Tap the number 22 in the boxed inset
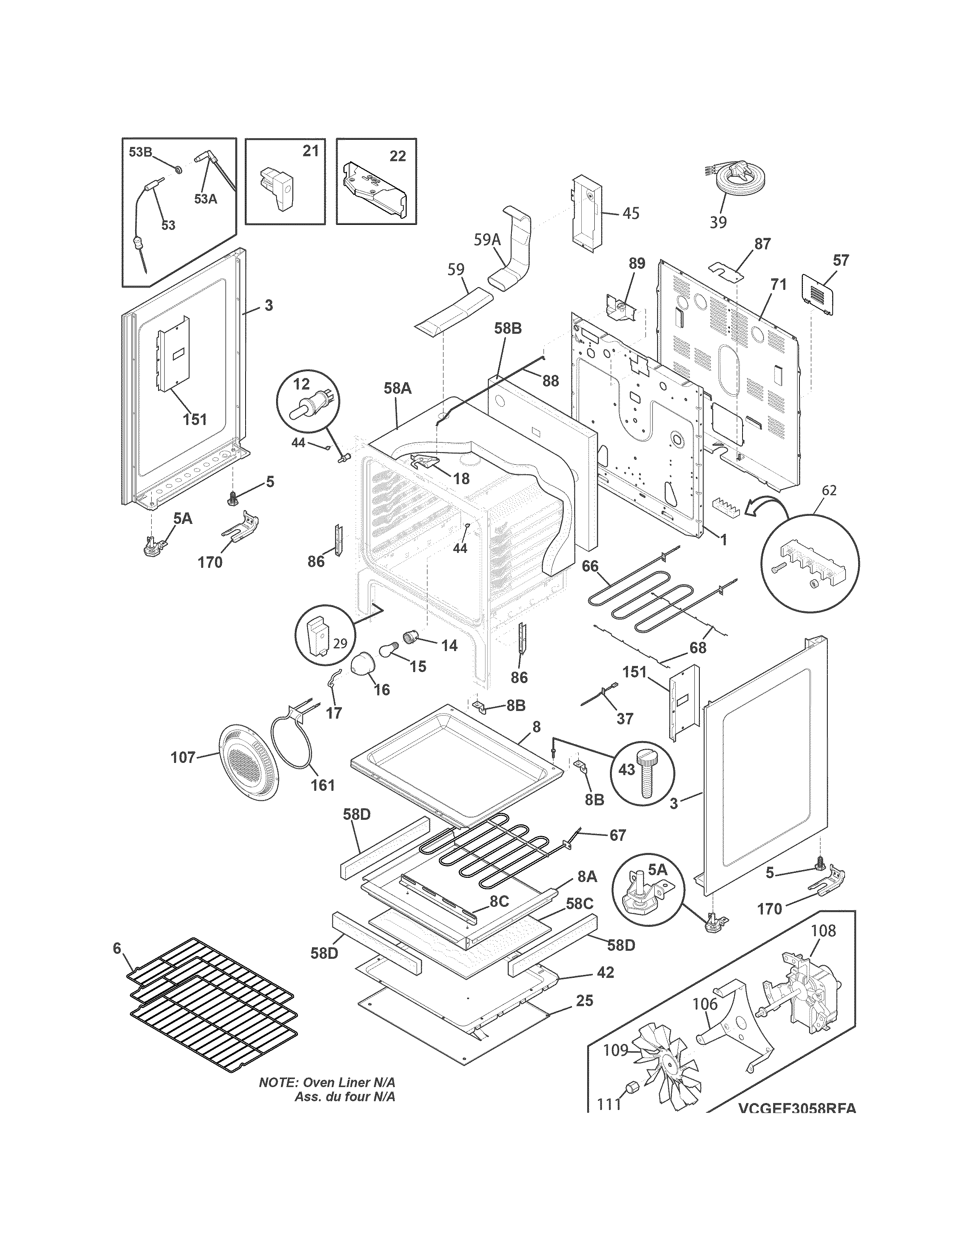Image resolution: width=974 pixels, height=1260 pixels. click(398, 156)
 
